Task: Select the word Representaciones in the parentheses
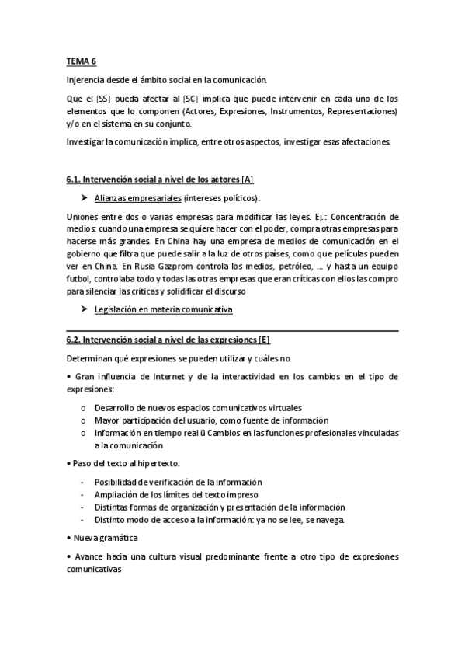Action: (x=363, y=111)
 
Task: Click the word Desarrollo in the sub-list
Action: (x=113, y=407)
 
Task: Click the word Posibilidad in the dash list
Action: (x=116, y=483)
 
